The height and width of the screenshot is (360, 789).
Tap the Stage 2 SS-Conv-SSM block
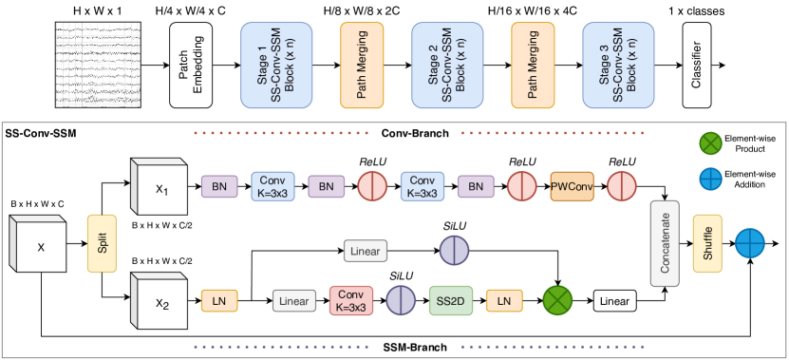click(447, 65)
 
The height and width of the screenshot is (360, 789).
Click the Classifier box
click(697, 65)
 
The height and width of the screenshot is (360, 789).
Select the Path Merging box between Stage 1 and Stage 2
click(362, 65)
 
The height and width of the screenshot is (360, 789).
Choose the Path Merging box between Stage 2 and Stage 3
click(532, 65)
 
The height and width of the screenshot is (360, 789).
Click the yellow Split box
click(101, 244)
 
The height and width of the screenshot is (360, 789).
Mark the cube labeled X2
click(160, 303)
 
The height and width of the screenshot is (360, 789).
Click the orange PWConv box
click(572, 186)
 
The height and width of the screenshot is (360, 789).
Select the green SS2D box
click(449, 301)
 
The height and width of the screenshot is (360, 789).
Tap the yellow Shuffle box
click(707, 242)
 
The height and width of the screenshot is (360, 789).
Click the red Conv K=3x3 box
click(351, 301)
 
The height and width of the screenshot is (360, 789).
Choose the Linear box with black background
click(613, 301)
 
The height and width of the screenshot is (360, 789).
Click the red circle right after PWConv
click(621, 186)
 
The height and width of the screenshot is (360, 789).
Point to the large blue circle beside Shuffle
click(750, 242)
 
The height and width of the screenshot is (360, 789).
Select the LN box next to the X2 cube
click(219, 301)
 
